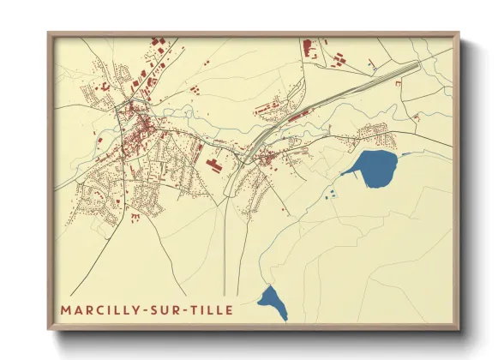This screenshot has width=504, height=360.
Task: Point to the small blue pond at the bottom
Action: tap(273, 303)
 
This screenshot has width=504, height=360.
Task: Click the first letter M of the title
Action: tap(65, 309)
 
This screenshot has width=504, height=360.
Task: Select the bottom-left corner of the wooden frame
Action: tap(50, 328)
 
